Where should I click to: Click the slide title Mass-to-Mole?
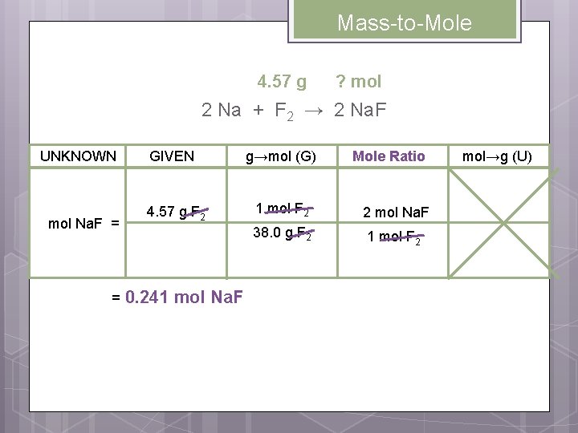click(404, 23)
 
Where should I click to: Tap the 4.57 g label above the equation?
click(281, 82)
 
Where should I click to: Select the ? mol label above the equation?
click(358, 82)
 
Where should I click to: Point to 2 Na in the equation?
click(221, 111)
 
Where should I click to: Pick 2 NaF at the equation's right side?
click(360, 111)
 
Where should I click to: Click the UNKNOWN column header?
click(78, 156)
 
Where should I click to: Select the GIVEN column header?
click(172, 156)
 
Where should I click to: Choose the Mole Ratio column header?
click(389, 156)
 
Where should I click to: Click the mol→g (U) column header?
click(497, 156)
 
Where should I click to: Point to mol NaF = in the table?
click(83, 224)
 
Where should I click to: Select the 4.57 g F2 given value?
click(177, 213)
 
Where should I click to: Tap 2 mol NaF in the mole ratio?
click(396, 212)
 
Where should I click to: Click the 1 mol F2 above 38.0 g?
click(283, 210)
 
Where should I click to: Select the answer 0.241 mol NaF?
click(177, 297)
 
